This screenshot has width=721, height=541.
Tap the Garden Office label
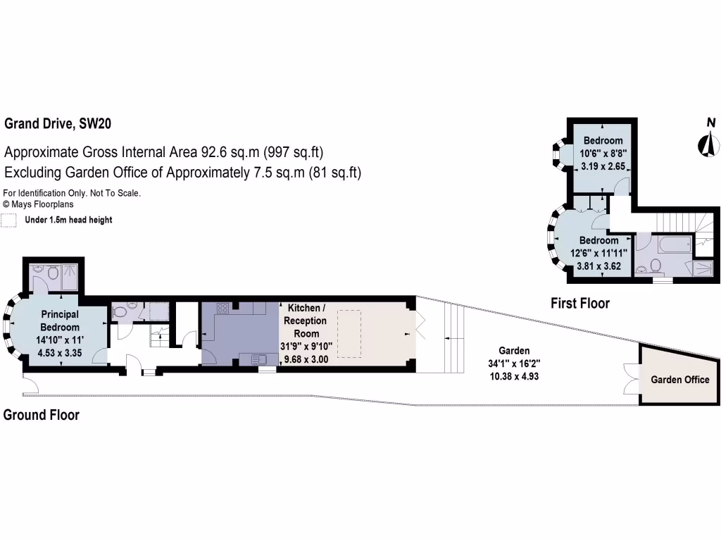click(679, 380)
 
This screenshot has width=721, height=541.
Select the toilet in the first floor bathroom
click(656, 266)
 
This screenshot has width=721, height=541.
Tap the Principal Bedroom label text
click(59, 321)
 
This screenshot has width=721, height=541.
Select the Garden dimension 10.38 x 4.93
click(514, 376)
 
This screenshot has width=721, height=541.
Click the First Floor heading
click(579, 304)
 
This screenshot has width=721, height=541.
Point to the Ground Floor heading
click(42, 415)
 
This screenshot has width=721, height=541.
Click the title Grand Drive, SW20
click(58, 124)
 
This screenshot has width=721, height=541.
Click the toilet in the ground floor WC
click(120, 311)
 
